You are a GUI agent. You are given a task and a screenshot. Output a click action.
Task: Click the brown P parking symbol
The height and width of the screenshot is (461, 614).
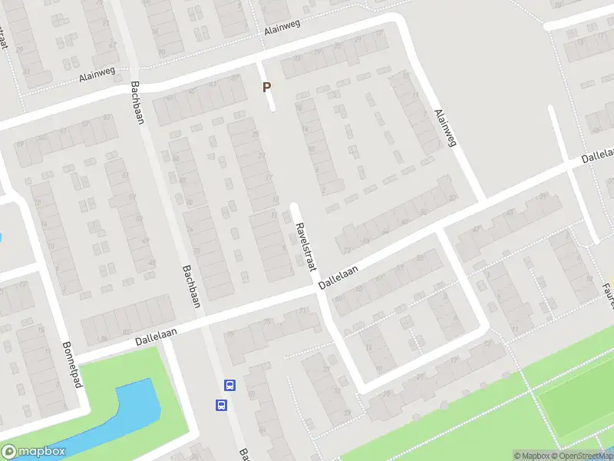point(267,88)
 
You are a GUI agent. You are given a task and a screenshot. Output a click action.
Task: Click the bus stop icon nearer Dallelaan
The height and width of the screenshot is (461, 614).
point(229,385)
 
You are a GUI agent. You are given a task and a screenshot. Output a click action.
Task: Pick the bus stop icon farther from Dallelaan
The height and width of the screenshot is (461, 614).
point(221,404)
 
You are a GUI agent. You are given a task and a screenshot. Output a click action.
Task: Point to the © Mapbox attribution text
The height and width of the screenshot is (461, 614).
point(531,456)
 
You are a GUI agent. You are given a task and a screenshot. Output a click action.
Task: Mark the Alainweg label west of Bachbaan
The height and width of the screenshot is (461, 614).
point(96,76)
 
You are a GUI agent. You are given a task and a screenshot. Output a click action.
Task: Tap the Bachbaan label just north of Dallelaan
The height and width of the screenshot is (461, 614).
point(190,286)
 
